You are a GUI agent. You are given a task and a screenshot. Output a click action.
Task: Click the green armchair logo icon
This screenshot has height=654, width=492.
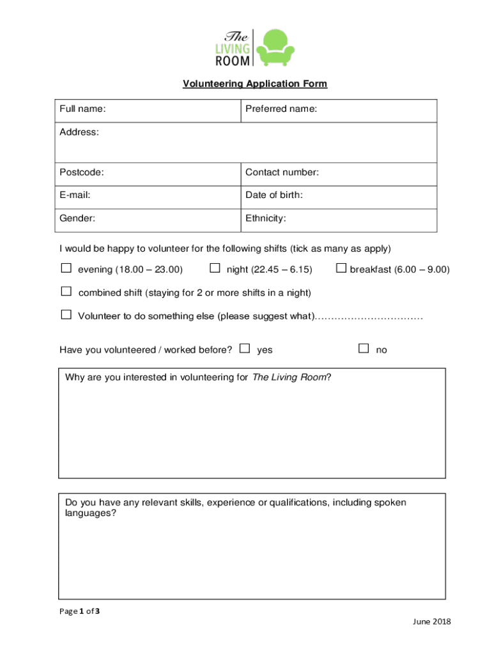coord(275,47)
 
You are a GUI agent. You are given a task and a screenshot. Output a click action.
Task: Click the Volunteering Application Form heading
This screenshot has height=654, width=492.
coord(255,84)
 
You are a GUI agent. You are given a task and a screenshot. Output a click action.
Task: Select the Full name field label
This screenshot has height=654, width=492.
coord(82,109)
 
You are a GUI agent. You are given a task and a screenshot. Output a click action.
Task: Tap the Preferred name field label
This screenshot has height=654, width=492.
coord(281,109)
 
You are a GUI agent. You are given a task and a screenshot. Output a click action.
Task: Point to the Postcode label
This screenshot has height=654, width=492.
coord(82,172)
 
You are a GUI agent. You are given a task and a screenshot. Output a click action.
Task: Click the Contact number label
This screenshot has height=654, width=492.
coord(282,172)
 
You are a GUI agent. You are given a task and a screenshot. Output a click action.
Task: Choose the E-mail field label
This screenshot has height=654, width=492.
coord(75,195)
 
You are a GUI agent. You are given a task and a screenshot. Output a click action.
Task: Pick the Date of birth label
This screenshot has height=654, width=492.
coord(274,195)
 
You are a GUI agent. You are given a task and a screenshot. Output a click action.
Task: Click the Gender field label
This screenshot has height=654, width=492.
coord(77,218)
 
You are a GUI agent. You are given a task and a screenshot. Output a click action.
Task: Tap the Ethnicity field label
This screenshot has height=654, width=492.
coord(266,218)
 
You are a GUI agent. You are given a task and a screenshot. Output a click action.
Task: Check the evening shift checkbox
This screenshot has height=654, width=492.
coord(66,268)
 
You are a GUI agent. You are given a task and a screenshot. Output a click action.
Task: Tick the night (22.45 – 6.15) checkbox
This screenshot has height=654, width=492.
coord(215,268)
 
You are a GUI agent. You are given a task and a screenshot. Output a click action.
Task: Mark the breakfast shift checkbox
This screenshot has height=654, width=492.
coord(341,268)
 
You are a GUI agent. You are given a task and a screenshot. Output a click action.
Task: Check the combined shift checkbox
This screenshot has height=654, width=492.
coord(66,291)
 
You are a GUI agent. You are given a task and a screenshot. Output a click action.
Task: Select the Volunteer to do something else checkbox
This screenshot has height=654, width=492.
coord(66,314)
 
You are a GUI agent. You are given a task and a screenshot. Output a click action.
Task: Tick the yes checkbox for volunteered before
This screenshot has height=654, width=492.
coord(245,348)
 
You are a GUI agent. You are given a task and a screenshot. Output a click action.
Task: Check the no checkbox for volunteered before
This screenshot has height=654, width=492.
coord(364,348)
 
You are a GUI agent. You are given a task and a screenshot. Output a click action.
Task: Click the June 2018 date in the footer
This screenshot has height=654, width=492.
coord(433,621)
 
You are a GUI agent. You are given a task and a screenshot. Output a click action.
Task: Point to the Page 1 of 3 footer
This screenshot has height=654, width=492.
coord(79,611)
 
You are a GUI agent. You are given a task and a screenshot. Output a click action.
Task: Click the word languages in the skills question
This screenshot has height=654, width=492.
coord(91,513)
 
